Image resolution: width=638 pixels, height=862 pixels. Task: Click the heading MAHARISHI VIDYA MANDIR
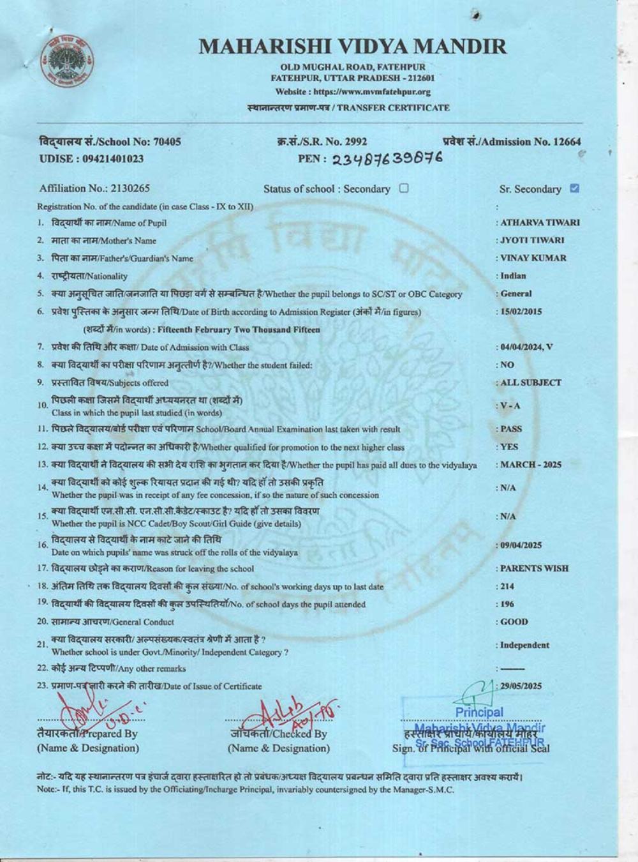[x=353, y=47]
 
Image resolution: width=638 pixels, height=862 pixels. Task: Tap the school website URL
[x=353, y=92]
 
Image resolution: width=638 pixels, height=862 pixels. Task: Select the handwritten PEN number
[x=387, y=160]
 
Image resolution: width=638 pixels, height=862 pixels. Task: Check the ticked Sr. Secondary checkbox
[x=575, y=188]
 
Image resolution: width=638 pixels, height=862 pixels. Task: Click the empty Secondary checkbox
[x=404, y=188]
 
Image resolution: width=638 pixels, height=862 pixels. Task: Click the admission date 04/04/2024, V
[x=527, y=347]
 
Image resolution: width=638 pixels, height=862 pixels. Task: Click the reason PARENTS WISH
[x=534, y=568]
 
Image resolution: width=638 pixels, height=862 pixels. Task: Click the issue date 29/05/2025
[x=521, y=686]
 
